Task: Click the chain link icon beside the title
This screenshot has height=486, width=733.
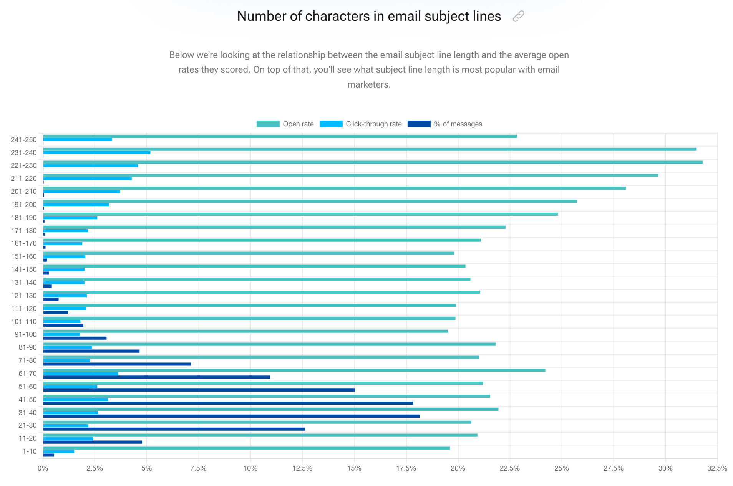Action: click(518, 17)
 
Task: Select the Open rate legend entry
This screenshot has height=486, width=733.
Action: click(285, 124)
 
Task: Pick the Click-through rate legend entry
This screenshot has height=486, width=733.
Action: click(360, 124)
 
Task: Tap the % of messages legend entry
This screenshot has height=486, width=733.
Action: click(444, 124)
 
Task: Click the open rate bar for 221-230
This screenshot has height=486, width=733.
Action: click(373, 162)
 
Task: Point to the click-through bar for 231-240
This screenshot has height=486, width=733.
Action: click(96, 153)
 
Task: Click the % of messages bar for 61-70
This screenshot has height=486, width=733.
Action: click(156, 377)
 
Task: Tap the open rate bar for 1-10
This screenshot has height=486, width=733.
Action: click(246, 448)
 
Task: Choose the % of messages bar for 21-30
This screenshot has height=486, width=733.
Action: click(174, 429)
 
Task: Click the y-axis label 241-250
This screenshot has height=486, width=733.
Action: click(24, 140)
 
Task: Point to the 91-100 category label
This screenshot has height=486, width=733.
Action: click(26, 334)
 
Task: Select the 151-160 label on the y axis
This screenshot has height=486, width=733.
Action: click(24, 256)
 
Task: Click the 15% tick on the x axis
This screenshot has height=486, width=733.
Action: click(354, 468)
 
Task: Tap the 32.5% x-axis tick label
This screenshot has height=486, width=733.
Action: click(717, 468)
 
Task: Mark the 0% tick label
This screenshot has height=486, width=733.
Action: click(43, 468)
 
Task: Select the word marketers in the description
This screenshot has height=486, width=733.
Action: click(369, 84)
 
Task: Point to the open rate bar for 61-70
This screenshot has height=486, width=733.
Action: click(294, 370)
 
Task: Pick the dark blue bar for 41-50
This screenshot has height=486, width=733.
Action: click(228, 403)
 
